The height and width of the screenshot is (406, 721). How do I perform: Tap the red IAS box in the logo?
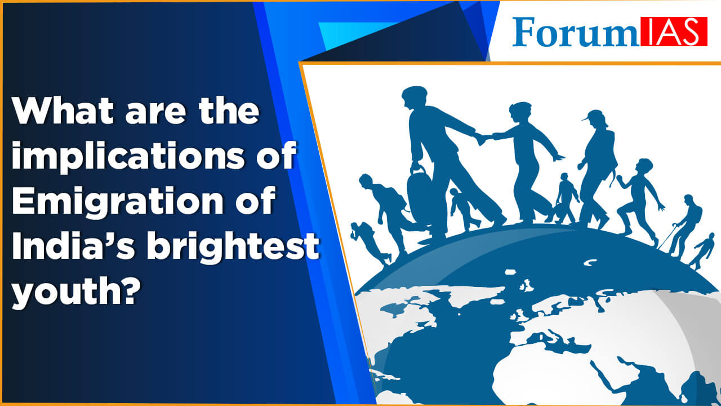[x=673, y=32]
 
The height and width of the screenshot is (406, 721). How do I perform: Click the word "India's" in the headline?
[x=68, y=249]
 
